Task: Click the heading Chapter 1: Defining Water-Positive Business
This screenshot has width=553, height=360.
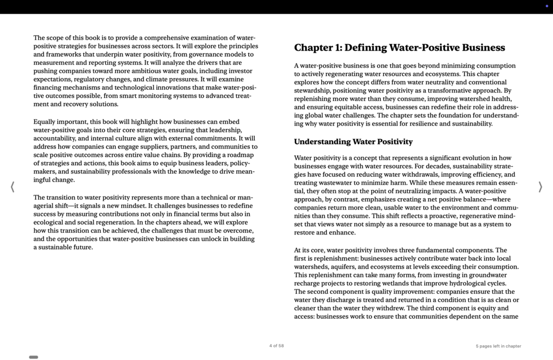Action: (x=399, y=48)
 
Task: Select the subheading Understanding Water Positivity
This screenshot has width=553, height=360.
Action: (x=353, y=142)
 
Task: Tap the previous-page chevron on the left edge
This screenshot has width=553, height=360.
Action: (x=13, y=187)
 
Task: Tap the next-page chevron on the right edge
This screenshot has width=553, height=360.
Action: (x=540, y=187)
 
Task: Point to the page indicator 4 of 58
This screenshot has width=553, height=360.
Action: (x=276, y=346)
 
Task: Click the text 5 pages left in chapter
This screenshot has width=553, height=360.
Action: (x=498, y=346)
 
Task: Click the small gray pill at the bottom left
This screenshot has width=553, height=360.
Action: (x=34, y=357)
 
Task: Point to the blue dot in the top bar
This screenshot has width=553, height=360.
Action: (x=546, y=6)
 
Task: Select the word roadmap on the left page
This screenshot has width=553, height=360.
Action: (x=240, y=155)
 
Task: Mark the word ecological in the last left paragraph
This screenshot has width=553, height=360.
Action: (x=50, y=222)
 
